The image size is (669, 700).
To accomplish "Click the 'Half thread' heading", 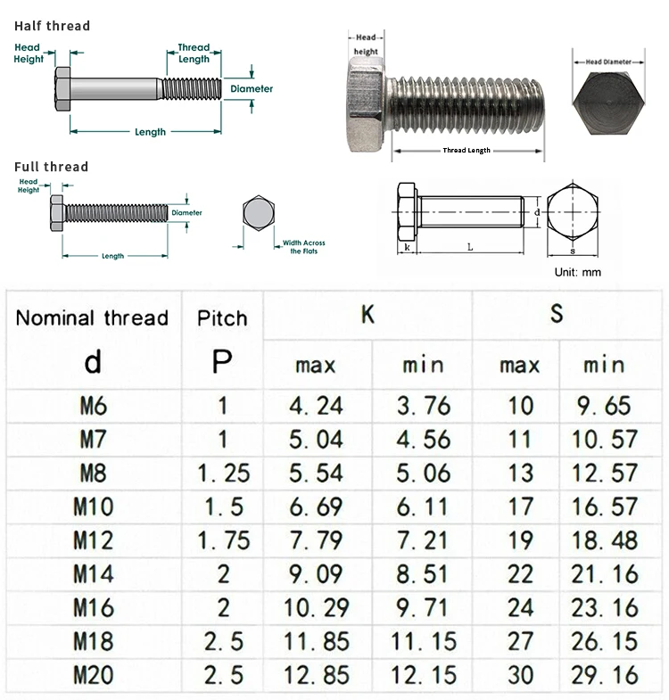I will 52,26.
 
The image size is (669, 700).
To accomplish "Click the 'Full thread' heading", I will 51,167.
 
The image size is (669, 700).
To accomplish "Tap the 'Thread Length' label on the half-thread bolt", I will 194,54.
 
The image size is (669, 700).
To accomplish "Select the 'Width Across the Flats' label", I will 303,247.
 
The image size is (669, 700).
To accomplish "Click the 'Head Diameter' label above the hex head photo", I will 614,62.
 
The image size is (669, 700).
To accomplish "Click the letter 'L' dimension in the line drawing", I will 469,247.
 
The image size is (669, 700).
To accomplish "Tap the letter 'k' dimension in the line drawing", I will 407,247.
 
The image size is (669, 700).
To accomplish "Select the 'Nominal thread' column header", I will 92,317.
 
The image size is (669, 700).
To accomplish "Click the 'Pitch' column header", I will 222,318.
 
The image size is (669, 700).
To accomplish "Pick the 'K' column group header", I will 368,314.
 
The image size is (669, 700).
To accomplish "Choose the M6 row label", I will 93,407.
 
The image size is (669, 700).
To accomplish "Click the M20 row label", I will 93,675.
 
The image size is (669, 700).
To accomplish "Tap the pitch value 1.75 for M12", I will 223,540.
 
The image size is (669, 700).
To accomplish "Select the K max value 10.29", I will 317,608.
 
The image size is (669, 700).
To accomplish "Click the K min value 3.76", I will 424,407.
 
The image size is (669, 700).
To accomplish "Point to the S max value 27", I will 520,642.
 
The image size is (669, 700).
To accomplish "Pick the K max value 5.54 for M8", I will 317,474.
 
